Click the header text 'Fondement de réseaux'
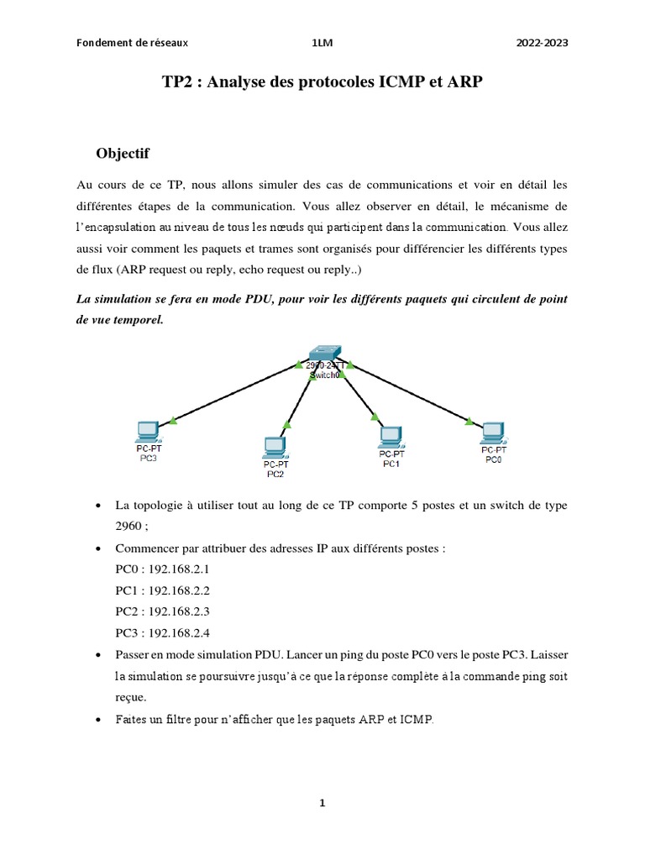[132, 43]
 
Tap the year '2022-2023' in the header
[542, 43]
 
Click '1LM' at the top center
[321, 43]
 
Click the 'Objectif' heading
[123, 154]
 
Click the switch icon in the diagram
[324, 354]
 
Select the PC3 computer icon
[148, 432]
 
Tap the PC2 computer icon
[275, 447]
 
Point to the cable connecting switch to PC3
[235, 392]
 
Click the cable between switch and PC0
[412, 391]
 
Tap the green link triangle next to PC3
[172, 419]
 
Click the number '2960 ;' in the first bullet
[133, 527]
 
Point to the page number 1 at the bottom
[322, 803]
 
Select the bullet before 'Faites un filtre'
[100, 720]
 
